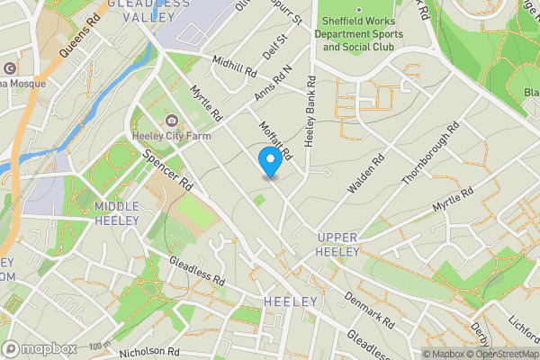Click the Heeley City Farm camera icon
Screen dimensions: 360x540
pos(171,121)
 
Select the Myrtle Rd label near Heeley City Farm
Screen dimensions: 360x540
pos(207,103)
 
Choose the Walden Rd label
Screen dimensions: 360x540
pos(366,174)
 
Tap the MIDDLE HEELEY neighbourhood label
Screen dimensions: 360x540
pos(117,213)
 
